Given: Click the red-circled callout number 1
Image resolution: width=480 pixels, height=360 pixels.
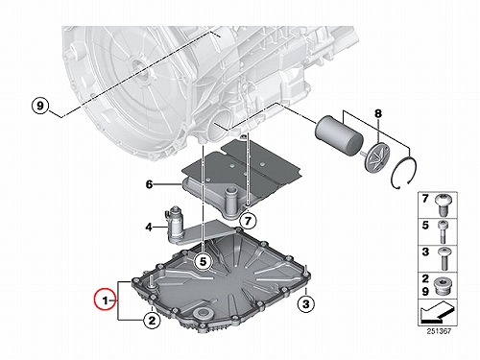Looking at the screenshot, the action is pyautogui.click(x=105, y=300).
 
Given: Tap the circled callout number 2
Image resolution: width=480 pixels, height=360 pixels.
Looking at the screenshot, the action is pyautogui.click(x=152, y=320).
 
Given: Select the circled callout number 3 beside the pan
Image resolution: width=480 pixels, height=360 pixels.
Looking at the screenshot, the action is pyautogui.click(x=306, y=303).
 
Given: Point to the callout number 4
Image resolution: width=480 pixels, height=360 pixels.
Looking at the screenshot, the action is pyautogui.click(x=149, y=228).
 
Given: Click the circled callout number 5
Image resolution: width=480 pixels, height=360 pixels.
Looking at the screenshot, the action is pyautogui.click(x=204, y=261).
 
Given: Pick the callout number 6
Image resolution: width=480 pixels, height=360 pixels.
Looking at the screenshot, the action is pyautogui.click(x=149, y=184).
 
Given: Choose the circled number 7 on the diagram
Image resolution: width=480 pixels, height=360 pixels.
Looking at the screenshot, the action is pyautogui.click(x=248, y=221).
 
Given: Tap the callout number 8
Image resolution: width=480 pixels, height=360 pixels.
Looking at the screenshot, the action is pyautogui.click(x=378, y=113).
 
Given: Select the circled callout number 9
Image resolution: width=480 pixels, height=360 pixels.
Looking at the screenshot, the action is pyautogui.click(x=40, y=105).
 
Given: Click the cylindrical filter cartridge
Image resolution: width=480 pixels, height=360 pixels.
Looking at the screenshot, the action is pyautogui.click(x=339, y=135).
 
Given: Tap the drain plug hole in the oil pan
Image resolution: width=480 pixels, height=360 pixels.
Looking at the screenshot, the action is pyautogui.click(x=203, y=313).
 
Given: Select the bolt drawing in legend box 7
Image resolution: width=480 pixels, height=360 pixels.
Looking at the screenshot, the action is pyautogui.click(x=443, y=205).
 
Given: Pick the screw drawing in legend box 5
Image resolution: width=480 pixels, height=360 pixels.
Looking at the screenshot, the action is pyautogui.click(x=443, y=232).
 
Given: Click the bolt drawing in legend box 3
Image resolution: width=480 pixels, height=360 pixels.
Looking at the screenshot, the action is pyautogui.click(x=444, y=258).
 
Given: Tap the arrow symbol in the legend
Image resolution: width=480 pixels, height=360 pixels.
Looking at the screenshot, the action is pyautogui.click(x=437, y=313).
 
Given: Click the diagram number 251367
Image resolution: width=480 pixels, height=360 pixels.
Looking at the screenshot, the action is pyautogui.click(x=439, y=331).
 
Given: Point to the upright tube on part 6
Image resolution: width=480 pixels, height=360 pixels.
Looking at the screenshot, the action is pyautogui.click(x=230, y=200).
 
